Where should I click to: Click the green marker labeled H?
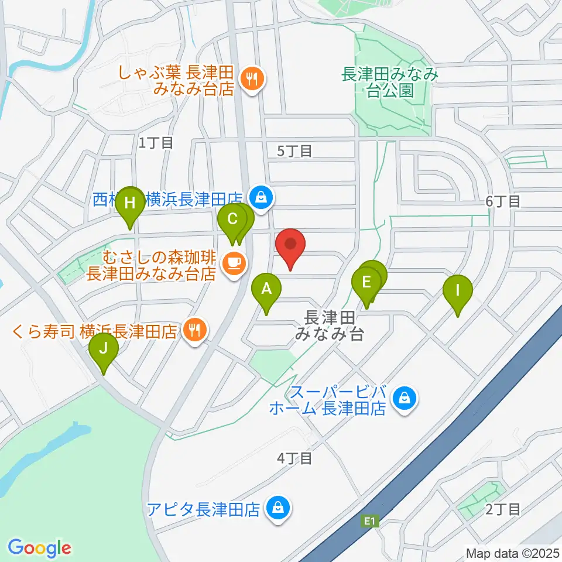tap(129, 204)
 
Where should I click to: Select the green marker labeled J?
tap(104, 349)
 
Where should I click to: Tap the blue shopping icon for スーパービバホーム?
tap(404, 399)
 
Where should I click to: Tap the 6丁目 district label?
tap(503, 201)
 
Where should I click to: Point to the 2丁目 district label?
tap(503, 509)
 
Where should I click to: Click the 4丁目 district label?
tap(295, 458)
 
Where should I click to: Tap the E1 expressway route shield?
tap(368, 520)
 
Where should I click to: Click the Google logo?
tap(39, 547)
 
